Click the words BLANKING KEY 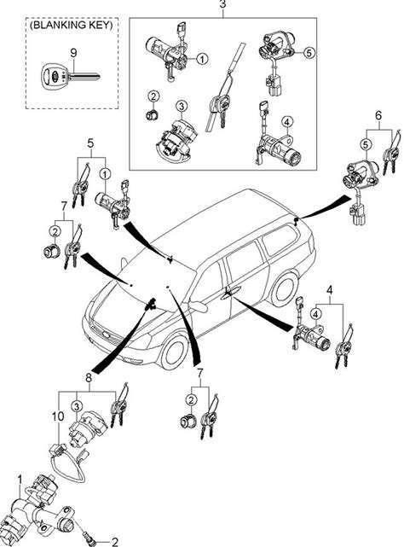tap(72, 25)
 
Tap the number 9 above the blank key tap(73, 53)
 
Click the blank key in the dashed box tap(70, 76)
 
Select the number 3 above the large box tap(222, 4)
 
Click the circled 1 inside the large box tap(202, 59)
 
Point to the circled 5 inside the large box tap(309, 53)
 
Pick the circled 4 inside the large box tap(287, 122)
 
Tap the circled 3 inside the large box tap(182, 106)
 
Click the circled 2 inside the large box tap(153, 96)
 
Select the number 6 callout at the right tap(378, 115)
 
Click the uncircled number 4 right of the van tap(330, 290)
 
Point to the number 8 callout tap(88, 377)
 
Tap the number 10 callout tap(58, 416)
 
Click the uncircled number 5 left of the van tap(90, 143)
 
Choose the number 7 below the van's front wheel tap(199, 373)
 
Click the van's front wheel tap(174, 352)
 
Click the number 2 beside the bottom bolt tap(114, 542)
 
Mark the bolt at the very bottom tap(89, 538)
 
